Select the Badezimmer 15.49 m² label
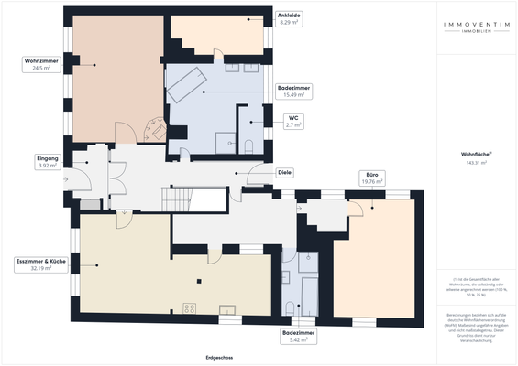(294, 91)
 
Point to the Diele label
(285, 172)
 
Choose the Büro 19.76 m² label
(371, 178)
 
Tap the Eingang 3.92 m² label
(48, 162)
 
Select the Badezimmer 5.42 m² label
(299, 336)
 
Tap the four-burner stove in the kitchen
(191, 307)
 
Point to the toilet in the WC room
(248, 145)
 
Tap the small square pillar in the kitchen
(200, 281)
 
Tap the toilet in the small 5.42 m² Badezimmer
(289, 307)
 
